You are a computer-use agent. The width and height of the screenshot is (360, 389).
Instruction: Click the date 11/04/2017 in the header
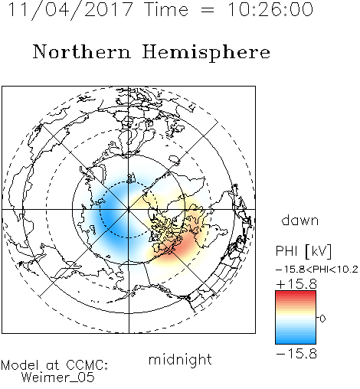point(70,10)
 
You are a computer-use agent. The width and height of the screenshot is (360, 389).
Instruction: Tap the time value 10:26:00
point(270,9)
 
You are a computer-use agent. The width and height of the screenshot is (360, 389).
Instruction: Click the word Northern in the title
point(82,51)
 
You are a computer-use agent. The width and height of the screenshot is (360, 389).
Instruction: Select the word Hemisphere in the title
point(206,53)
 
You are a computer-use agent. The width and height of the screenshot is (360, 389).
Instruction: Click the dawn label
point(300,220)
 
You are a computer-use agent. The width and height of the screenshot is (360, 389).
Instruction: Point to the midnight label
point(180,359)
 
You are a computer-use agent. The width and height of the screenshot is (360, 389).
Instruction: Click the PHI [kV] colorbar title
point(303,251)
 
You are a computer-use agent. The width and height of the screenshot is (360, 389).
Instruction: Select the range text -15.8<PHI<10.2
point(317,270)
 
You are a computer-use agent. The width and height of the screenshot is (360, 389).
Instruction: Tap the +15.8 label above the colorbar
point(296,284)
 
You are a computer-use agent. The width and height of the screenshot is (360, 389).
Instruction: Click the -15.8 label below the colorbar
point(296,354)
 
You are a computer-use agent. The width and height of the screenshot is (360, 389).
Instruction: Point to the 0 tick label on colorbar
point(322,319)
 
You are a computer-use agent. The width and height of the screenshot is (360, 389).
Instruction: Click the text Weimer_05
point(57,377)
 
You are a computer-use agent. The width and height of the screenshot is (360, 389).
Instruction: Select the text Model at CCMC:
point(54,365)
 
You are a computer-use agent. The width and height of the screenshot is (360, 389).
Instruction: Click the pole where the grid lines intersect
point(129,210)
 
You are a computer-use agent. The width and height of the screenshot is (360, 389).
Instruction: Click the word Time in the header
point(166,9)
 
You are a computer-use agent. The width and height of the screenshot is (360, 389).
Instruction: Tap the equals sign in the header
point(207,10)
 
